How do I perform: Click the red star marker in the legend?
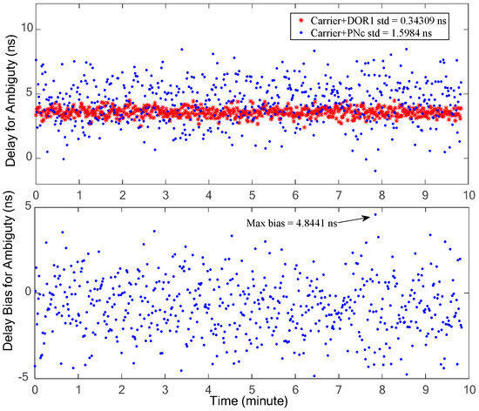301,17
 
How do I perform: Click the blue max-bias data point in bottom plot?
375,213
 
